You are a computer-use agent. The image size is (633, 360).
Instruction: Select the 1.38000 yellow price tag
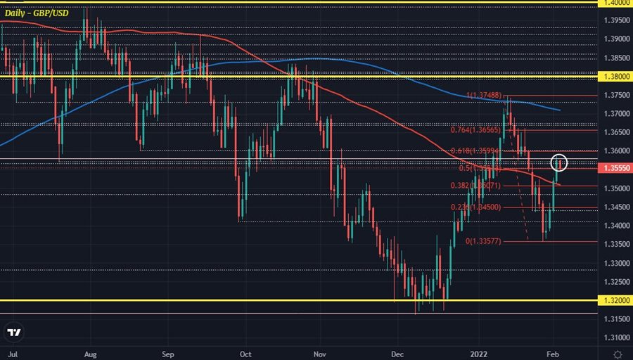(x=613, y=76)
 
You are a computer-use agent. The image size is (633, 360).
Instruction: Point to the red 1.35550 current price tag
(x=613, y=169)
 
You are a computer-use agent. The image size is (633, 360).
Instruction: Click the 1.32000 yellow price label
(x=613, y=300)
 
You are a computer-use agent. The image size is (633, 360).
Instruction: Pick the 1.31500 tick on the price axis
(x=613, y=319)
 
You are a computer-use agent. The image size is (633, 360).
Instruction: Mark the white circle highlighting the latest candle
(x=559, y=162)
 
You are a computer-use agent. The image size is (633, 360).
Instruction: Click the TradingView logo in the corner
(x=14, y=333)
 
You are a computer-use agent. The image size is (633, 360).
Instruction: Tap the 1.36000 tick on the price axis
(x=613, y=150)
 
